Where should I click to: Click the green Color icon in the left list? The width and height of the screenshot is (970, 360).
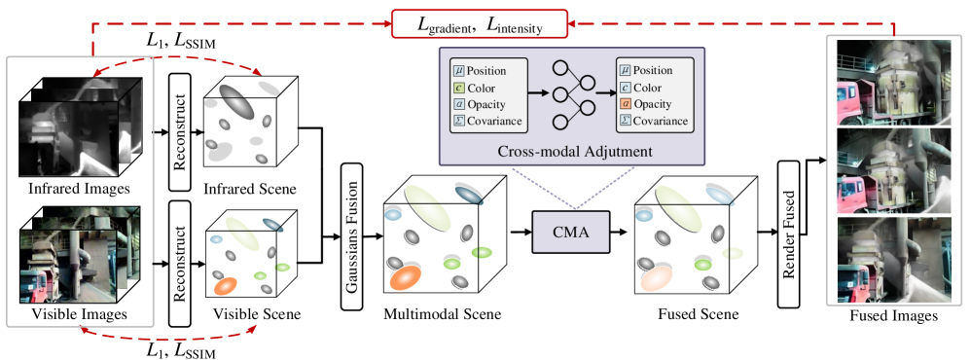(x=457, y=89)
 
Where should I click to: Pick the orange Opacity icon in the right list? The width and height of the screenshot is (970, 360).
(x=624, y=105)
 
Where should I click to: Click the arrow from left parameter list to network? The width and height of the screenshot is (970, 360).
(x=537, y=95)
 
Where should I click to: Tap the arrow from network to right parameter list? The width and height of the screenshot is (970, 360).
(x=604, y=95)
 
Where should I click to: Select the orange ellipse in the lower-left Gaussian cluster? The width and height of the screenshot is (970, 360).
(x=226, y=285)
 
